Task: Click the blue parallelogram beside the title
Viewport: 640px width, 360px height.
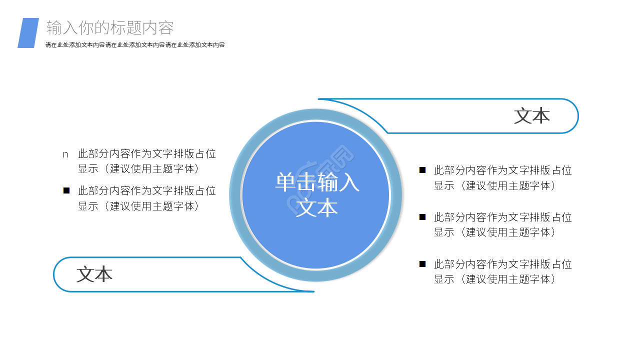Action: (28, 33)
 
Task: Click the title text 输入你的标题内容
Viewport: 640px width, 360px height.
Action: (110, 28)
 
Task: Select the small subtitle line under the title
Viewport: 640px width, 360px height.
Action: (135, 45)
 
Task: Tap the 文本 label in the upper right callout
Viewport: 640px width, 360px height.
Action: (532, 116)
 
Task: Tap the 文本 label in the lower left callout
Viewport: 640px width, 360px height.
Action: (94, 274)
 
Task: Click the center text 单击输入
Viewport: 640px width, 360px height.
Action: (317, 182)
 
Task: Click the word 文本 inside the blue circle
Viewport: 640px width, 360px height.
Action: (317, 207)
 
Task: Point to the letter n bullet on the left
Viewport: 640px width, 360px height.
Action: (65, 154)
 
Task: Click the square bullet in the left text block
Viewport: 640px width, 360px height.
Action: (66, 190)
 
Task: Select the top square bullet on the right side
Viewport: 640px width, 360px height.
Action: (422, 170)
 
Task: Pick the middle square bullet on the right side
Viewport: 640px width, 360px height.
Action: (422, 216)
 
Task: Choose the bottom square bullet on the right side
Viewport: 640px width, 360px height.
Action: (422, 263)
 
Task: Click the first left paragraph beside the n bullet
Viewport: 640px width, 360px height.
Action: (147, 161)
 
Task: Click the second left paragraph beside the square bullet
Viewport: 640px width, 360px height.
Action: (147, 198)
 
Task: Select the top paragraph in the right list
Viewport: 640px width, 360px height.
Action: (502, 177)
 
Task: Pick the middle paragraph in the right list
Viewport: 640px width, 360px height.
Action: (502, 224)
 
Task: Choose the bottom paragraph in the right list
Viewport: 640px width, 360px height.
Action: (502, 271)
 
